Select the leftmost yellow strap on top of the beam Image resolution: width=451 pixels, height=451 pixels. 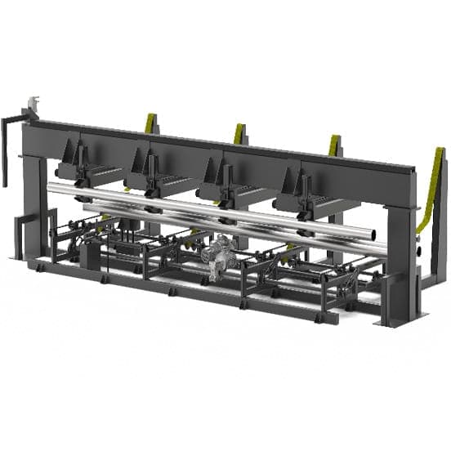coord(150,123)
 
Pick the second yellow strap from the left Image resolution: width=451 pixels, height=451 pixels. coord(239,133)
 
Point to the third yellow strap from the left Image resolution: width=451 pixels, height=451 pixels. coord(333,145)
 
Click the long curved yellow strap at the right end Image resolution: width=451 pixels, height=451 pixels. coord(431,188)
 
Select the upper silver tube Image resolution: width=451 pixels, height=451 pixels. coord(204,208)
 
